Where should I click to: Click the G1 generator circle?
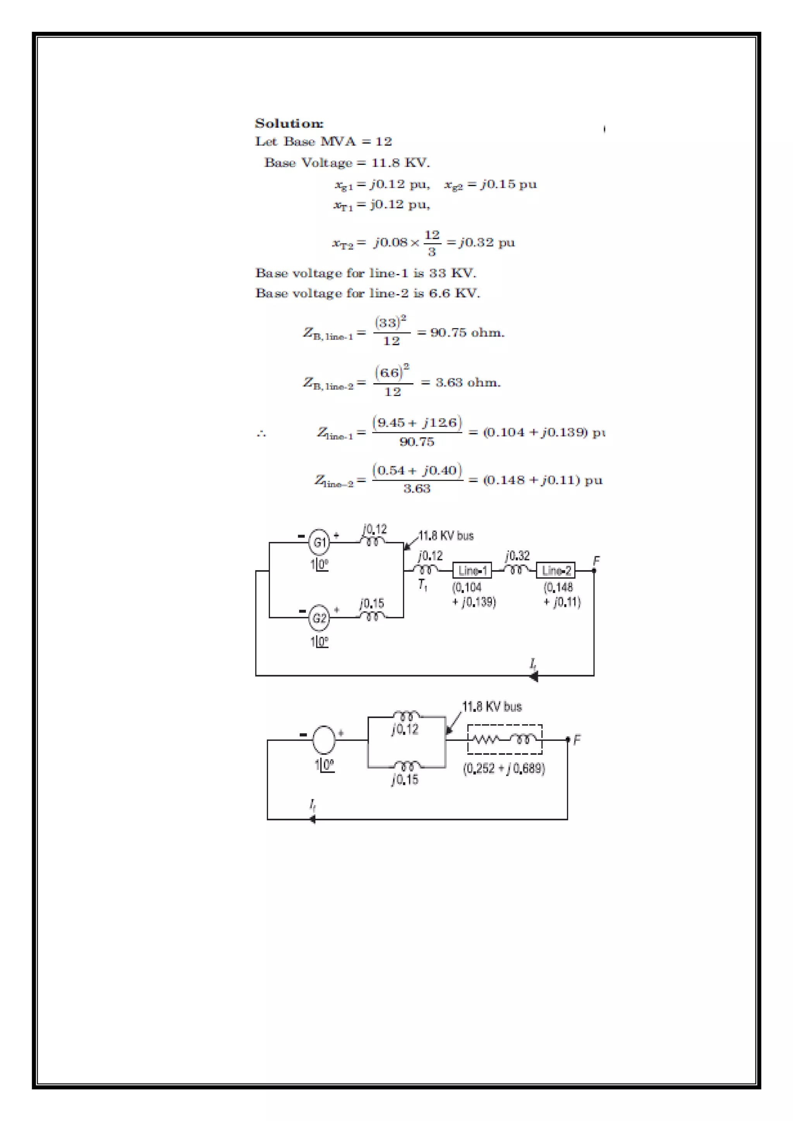pos(319,542)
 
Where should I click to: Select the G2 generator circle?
pos(319,618)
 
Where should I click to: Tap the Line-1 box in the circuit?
pos(472,570)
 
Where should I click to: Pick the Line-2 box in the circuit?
pos(556,570)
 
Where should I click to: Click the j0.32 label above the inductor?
pos(518,555)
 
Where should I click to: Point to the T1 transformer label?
pos(423,585)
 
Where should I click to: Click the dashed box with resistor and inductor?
pos(505,739)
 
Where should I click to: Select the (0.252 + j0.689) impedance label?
pos(504,768)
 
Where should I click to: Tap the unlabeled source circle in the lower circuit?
pos(324,739)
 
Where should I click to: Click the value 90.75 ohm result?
pos(467,333)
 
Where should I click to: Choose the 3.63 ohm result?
pos(468,382)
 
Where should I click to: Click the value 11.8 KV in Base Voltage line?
pos(400,163)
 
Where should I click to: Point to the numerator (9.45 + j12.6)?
pos(417,422)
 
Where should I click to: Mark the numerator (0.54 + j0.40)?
pos(417,470)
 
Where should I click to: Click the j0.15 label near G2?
pos(372,603)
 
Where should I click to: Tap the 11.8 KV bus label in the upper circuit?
pos(446,536)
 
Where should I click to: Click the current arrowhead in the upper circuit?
pos(534,676)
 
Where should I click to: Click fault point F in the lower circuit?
pos(568,740)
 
